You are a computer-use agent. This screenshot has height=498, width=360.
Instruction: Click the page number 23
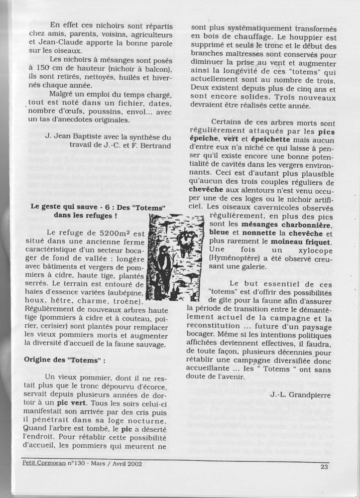324,466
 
